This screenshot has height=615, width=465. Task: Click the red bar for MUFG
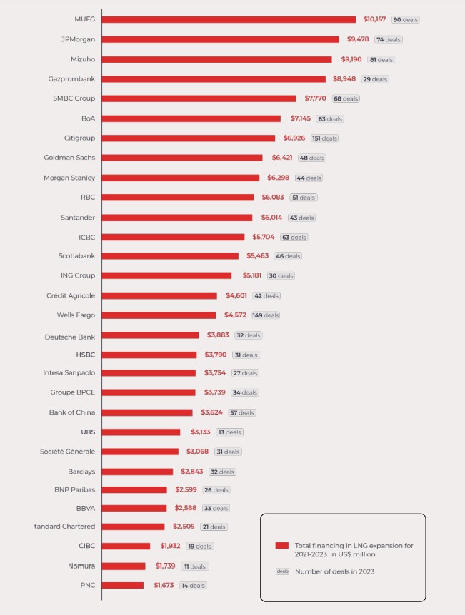229,19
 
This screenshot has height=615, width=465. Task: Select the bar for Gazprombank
214,78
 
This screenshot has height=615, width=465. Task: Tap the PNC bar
123,586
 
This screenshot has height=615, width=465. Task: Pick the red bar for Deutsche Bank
151,335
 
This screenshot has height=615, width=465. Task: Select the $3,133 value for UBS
201,432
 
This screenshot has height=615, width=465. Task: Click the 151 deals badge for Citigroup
324,138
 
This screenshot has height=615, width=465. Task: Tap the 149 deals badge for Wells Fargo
266,315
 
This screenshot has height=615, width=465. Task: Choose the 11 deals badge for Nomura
194,566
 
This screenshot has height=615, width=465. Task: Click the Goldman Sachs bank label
69,157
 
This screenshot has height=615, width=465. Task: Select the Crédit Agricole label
71,295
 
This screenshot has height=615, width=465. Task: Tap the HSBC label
86,355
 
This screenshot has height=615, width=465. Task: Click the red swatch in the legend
281,545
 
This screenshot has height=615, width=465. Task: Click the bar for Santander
177,218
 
